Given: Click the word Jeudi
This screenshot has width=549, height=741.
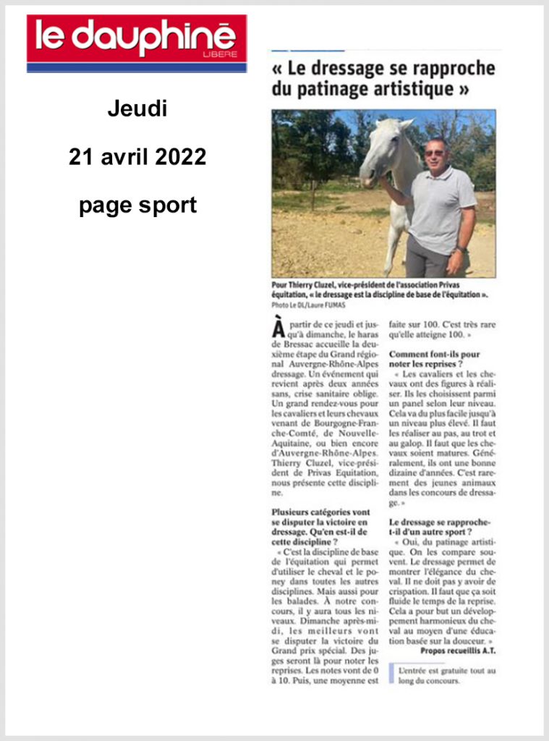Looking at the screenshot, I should pyautogui.click(x=137, y=109).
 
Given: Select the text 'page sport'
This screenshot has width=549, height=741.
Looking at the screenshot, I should pyautogui.click(x=137, y=206).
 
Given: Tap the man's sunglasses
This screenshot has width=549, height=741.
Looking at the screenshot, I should pyautogui.click(x=435, y=153).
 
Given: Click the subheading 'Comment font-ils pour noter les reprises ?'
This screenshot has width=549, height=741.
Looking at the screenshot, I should pyautogui.click(x=435, y=360).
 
